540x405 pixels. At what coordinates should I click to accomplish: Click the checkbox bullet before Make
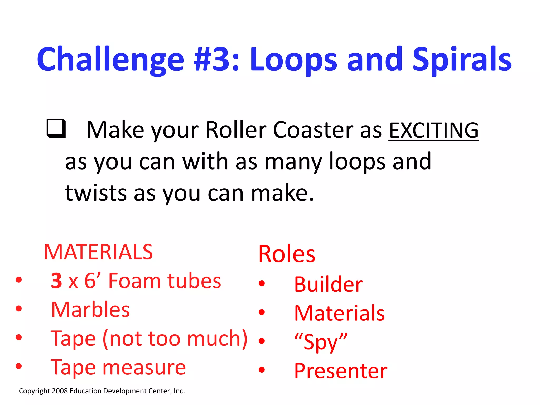pyautogui.click(x=56, y=128)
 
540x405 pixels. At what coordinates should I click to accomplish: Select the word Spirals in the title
pyautogui.click(x=462, y=60)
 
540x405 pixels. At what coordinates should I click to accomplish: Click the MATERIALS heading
pyautogui.click(x=98, y=252)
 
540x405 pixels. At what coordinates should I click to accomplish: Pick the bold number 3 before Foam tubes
pyautogui.click(x=56, y=281)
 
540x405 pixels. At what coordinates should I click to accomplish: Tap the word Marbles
pyautogui.click(x=90, y=310)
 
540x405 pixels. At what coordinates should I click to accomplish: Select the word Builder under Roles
pyautogui.click(x=328, y=285)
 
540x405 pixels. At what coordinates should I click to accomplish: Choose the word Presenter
pyautogui.click(x=341, y=371)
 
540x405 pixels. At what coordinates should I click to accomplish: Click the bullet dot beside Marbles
pyautogui.click(x=19, y=308)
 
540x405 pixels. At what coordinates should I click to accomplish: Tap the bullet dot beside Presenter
pyautogui.click(x=262, y=370)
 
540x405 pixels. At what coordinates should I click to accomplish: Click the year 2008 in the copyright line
pyautogui.click(x=60, y=391)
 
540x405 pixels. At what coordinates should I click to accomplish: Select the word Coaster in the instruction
pyautogui.click(x=313, y=130)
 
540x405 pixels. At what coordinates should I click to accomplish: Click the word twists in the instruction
pyautogui.click(x=96, y=193)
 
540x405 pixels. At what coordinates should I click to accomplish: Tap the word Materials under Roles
pyautogui.click(x=339, y=313)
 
